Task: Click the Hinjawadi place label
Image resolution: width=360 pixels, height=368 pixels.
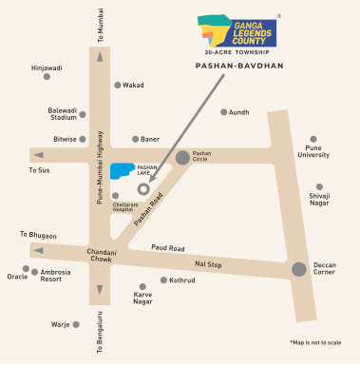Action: (47, 68)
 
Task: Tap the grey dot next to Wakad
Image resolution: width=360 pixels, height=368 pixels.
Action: (118, 85)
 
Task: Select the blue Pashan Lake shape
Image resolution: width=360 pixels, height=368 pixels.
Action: (122, 171)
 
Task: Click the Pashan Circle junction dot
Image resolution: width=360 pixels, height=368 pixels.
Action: (182, 157)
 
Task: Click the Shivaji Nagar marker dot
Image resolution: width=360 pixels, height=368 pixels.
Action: (319, 186)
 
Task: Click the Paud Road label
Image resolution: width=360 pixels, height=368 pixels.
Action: (167, 247)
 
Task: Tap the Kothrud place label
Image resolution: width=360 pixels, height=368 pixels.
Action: (181, 281)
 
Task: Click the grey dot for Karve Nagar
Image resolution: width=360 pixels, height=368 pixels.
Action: (142, 286)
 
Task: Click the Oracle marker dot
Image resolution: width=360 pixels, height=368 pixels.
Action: (26, 268)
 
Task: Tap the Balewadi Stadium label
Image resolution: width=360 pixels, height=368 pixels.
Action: (63, 114)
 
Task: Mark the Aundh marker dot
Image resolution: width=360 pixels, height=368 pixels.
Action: (224, 112)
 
